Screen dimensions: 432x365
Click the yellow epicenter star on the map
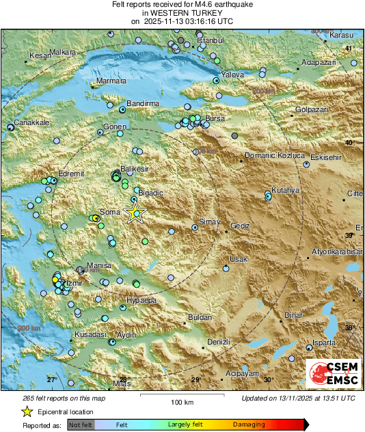135,213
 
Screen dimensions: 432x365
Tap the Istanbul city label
211,41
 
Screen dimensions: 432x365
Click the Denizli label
218,341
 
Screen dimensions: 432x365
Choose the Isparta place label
324,342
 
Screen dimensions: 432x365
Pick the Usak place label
238,260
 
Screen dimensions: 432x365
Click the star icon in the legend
27,411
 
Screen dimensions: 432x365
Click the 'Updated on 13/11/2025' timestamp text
298,398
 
